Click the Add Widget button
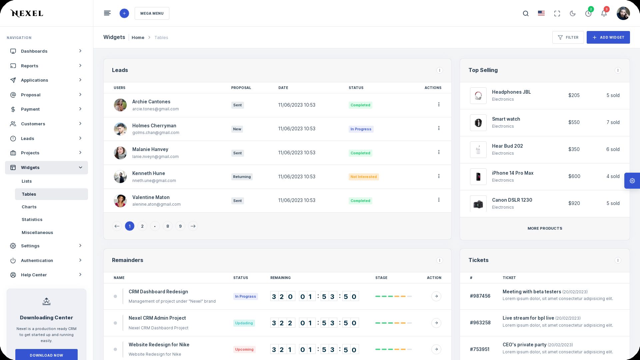click(x=608, y=37)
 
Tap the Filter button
click(x=568, y=37)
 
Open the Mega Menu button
click(x=152, y=13)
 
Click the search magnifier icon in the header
click(x=526, y=14)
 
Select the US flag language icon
click(x=541, y=13)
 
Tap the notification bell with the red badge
click(x=604, y=13)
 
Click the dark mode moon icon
click(x=573, y=13)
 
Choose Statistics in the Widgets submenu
click(x=32, y=219)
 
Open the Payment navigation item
click(x=30, y=109)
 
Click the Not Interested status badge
click(x=364, y=177)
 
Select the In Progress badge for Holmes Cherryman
click(x=361, y=129)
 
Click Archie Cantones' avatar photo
click(x=120, y=105)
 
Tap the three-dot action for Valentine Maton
click(x=439, y=200)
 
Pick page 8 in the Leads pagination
click(x=168, y=226)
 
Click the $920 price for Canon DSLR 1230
click(x=574, y=203)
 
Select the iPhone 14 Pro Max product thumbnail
click(x=478, y=177)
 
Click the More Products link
click(x=545, y=228)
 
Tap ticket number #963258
click(x=480, y=323)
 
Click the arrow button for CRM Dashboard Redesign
click(x=436, y=296)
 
